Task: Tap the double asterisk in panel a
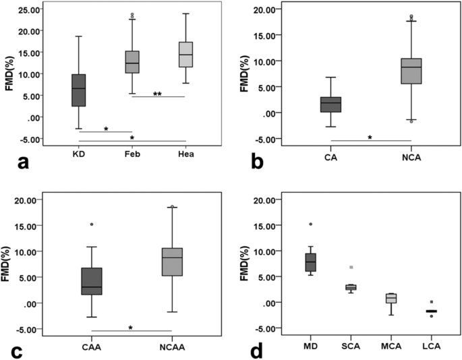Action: (x=157, y=94)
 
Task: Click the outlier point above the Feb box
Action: (x=132, y=15)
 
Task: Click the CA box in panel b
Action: (x=331, y=104)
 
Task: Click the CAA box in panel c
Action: (x=92, y=281)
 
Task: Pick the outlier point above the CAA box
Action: (x=92, y=224)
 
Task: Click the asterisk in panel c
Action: (x=131, y=328)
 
